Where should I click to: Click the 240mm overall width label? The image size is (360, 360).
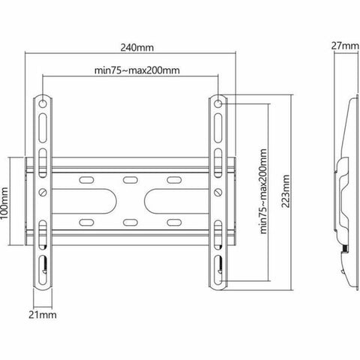click(136, 48)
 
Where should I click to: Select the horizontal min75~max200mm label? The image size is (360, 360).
click(136, 71)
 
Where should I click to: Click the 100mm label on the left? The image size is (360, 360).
click(7, 200)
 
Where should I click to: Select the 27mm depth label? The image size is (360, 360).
click(345, 46)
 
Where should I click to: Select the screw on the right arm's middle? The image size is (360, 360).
click(218, 191)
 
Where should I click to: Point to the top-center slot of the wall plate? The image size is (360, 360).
click(130, 179)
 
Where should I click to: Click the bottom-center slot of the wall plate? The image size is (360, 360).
click(130, 223)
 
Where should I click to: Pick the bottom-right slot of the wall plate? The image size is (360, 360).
click(174, 223)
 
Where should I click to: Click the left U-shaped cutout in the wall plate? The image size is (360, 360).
click(96, 201)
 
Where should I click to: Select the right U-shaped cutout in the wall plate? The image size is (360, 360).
click(163, 201)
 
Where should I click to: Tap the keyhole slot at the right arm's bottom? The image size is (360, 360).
click(218, 264)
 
